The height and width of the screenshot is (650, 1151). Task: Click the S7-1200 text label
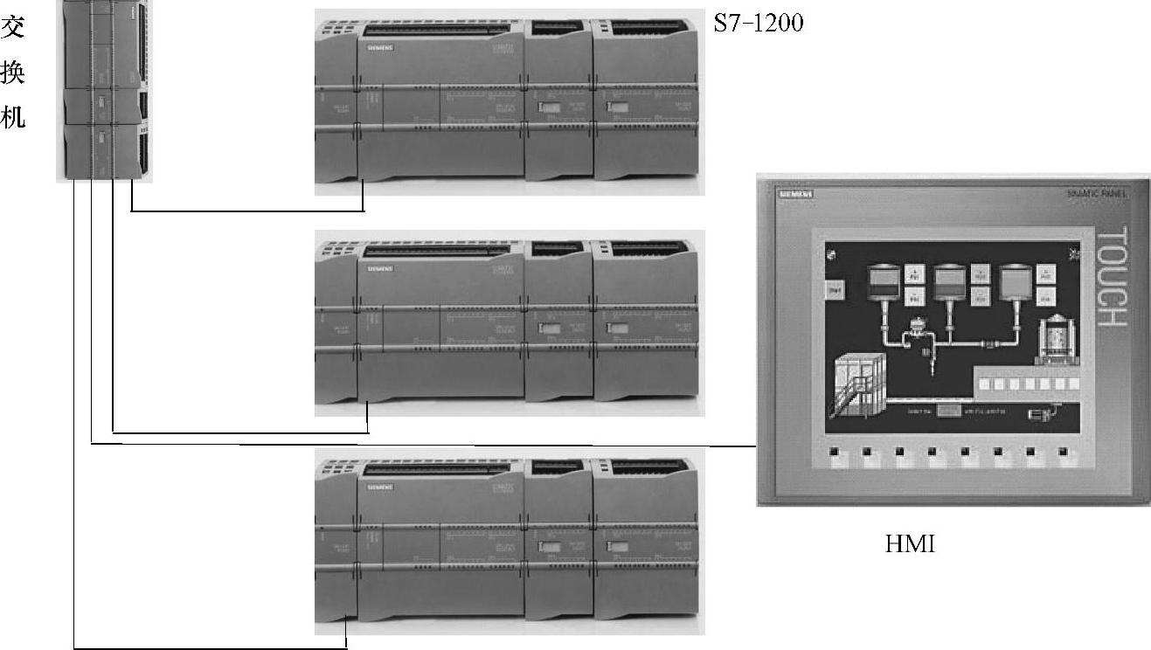(758, 24)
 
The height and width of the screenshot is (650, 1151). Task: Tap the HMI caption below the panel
(910, 545)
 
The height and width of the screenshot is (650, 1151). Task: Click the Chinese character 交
(12, 28)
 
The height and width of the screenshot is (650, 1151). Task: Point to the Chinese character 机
(12, 117)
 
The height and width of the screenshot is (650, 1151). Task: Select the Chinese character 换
(12, 73)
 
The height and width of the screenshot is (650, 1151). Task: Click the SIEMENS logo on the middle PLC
(379, 267)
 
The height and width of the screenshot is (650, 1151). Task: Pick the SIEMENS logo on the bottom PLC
(379, 486)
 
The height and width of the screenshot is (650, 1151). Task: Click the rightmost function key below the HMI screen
(1063, 453)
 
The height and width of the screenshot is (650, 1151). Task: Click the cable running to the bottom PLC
(210, 648)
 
